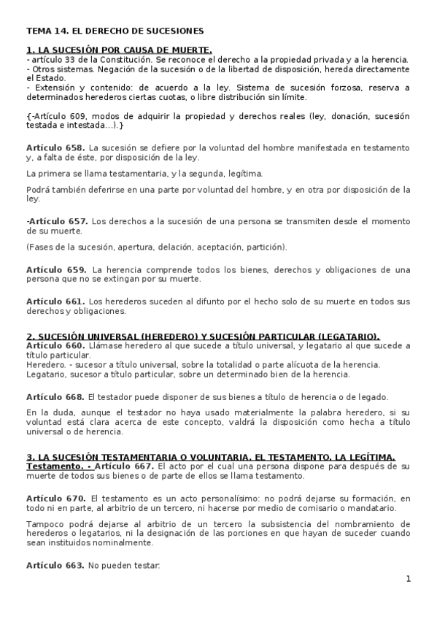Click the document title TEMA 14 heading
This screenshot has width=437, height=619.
pos(115,31)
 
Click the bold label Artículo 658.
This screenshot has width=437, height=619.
pos(55,147)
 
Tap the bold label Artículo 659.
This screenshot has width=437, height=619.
pos(55,269)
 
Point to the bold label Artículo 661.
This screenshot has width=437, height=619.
pos(55,301)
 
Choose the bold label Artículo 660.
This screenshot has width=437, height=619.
pos(55,345)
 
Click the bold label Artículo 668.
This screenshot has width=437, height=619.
pos(55,396)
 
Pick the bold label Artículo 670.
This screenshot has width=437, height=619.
pos(55,498)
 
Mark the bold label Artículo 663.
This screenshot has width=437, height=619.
pos(55,565)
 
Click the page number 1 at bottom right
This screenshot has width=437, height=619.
pos(409,579)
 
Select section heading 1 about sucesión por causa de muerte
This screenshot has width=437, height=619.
pos(118,50)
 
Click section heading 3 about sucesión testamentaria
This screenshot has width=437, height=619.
pos(211,457)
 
